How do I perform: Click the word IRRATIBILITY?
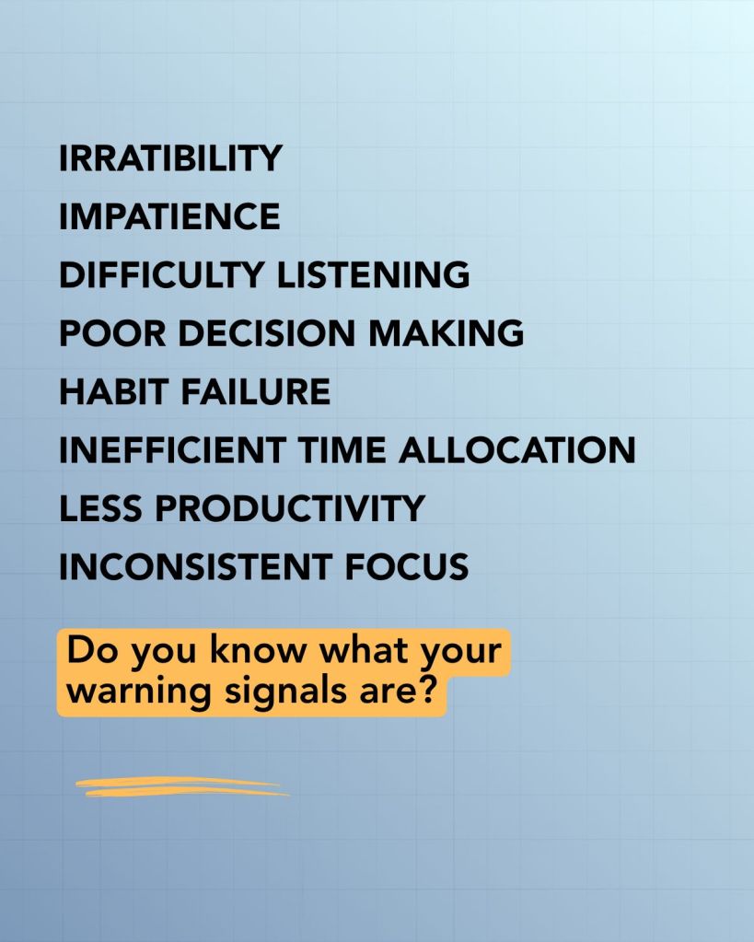click(x=170, y=158)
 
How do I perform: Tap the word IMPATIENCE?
click(x=169, y=216)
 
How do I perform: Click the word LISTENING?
click(x=373, y=274)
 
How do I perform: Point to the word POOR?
click(x=112, y=332)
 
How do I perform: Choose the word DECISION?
click(x=267, y=332)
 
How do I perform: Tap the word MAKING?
click(x=446, y=332)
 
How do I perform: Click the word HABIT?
click(x=113, y=391)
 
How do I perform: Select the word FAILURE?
click(x=255, y=391)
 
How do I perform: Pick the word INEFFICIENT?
click(x=172, y=450)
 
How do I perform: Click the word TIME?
click(x=342, y=450)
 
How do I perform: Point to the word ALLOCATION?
click(x=517, y=450)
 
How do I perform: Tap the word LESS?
click(x=101, y=508)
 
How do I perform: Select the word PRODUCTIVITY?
click(x=290, y=508)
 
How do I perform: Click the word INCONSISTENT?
click(x=196, y=566)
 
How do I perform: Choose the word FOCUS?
click(x=407, y=566)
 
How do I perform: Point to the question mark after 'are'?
click(x=424, y=690)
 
